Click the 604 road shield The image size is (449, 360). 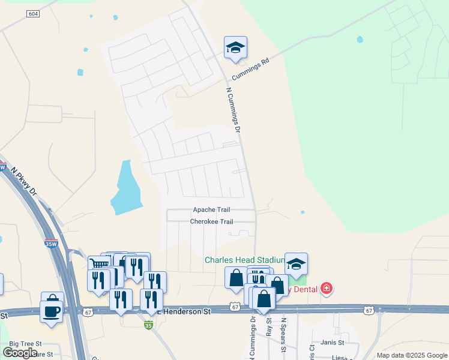tap(33, 14)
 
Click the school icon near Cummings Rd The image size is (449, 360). tap(236, 48)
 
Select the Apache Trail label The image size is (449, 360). tap(211, 210)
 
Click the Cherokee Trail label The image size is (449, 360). tap(211, 221)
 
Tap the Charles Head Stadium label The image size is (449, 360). tap(245, 260)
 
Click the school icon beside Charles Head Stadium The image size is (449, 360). tap(296, 264)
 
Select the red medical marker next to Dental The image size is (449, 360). tap(327, 289)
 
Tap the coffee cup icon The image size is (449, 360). tap(52, 311)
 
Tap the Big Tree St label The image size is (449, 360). tap(22, 344)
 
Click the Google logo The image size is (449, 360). tap(20, 352)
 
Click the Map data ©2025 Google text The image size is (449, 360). tap(411, 355)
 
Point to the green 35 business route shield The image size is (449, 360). tap(148, 325)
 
